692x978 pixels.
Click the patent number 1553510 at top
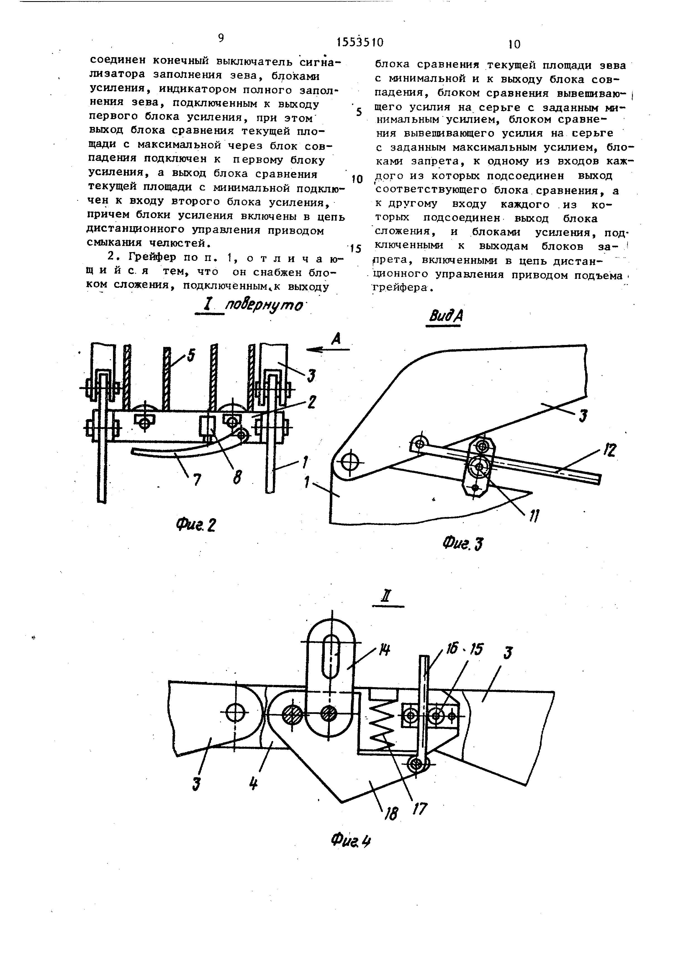click(x=360, y=42)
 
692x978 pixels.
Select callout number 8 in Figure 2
click(x=237, y=478)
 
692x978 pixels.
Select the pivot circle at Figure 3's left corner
click(x=350, y=461)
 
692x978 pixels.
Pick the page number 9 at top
click(x=221, y=38)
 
